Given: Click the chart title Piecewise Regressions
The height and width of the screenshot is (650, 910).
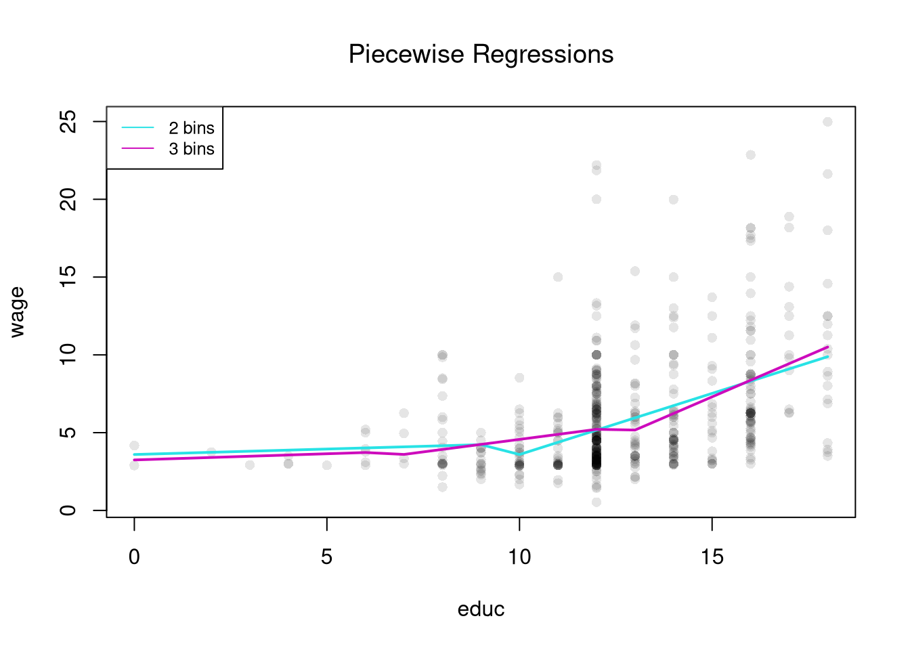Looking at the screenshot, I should pyautogui.click(x=481, y=54).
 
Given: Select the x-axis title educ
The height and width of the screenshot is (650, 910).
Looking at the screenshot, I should pyautogui.click(x=481, y=609).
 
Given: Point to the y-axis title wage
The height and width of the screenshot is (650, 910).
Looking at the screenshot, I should pyautogui.click(x=18, y=311).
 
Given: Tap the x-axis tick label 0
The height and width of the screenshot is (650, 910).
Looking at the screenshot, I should pyautogui.click(x=134, y=557).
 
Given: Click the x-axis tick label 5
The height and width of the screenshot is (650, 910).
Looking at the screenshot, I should pyautogui.click(x=327, y=557).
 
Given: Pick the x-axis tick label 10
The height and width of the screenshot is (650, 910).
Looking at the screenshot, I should pyautogui.click(x=519, y=557).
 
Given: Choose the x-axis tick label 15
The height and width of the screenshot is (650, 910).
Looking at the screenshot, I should pyautogui.click(x=712, y=557).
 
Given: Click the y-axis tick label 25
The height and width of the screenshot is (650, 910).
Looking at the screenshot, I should pyautogui.click(x=68, y=122).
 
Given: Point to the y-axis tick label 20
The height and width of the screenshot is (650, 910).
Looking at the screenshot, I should pyautogui.click(x=68, y=199).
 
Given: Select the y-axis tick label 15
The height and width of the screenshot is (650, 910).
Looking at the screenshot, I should pyautogui.click(x=68, y=277).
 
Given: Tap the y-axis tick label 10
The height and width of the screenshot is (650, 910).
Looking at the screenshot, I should pyautogui.click(x=68, y=355).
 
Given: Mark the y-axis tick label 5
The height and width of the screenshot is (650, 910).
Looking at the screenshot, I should pyautogui.click(x=68, y=433).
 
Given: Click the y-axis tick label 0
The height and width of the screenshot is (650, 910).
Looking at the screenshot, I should pyautogui.click(x=68, y=510).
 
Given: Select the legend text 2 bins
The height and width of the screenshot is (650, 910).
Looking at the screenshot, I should pyautogui.click(x=192, y=128).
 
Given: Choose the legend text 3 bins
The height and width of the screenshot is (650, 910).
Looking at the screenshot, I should pyautogui.click(x=192, y=149).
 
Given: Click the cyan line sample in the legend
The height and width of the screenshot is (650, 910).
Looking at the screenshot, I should pyautogui.click(x=138, y=128).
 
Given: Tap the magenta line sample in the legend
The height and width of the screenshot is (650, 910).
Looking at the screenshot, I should pyautogui.click(x=138, y=149).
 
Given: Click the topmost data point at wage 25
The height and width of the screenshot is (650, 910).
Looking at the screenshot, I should pyautogui.click(x=827, y=122).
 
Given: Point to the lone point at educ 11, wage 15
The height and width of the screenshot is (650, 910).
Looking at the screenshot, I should pyautogui.click(x=558, y=277).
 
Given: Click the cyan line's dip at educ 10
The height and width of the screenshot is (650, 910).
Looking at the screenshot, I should pyautogui.click(x=519, y=454).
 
